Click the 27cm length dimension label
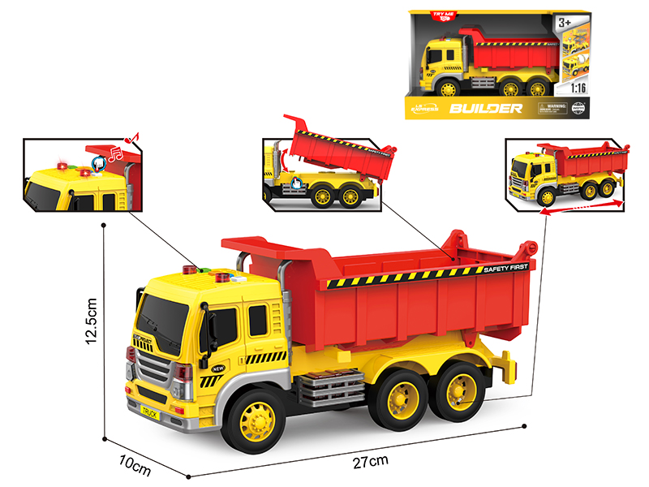(371, 462)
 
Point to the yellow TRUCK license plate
(150, 412)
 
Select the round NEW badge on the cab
(217, 369)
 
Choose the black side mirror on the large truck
(210, 330)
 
